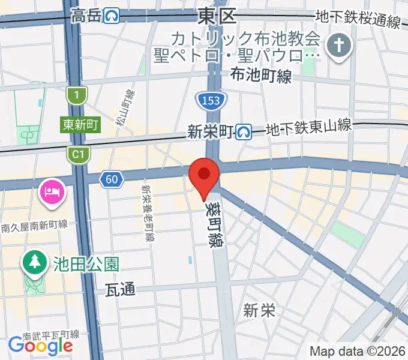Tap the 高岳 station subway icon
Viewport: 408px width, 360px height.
tap(111, 16)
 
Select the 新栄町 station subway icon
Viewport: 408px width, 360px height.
tap(243, 131)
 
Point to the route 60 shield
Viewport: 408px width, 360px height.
tap(111, 178)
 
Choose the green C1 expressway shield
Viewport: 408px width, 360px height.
tap(79, 155)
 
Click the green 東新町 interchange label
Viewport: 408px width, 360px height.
tap(80, 125)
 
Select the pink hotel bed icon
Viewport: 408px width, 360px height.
tap(49, 192)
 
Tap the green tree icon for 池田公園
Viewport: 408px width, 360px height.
tap(34, 262)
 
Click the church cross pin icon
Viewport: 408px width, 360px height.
tap(338, 46)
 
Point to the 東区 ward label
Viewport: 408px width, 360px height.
tap(218, 16)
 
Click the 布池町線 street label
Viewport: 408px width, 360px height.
tap(260, 76)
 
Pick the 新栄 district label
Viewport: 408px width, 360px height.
tap(259, 310)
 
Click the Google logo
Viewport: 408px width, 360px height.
tap(40, 345)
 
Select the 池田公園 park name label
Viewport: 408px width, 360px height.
tap(86, 263)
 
